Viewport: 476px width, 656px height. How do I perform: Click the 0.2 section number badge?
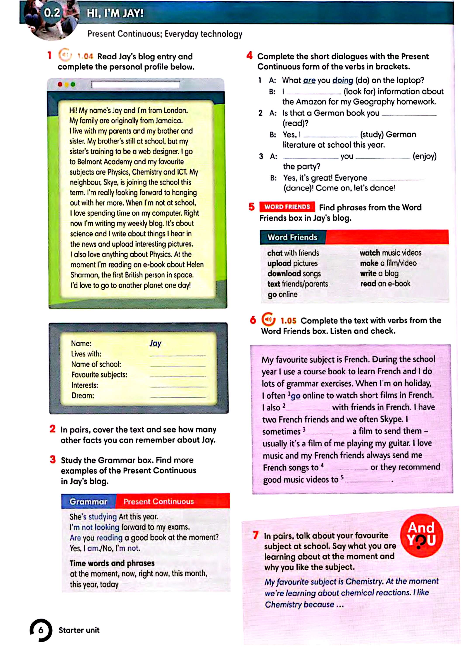click(52, 13)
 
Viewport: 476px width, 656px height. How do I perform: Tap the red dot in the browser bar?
click(60, 84)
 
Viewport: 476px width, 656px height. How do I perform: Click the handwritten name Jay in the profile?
click(155, 343)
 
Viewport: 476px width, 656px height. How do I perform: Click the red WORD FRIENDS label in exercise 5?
click(287, 207)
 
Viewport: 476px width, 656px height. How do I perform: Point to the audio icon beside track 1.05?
click(268, 320)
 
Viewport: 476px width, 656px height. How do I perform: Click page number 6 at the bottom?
click(41, 630)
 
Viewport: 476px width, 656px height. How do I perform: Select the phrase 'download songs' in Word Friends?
click(294, 274)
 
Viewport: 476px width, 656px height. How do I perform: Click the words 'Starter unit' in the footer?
click(79, 630)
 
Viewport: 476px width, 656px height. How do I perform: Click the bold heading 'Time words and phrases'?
click(112, 563)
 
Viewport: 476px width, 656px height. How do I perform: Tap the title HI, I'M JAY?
click(115, 13)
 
